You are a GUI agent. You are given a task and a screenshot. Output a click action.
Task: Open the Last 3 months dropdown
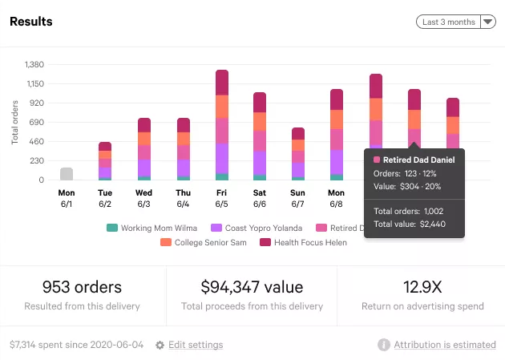456,22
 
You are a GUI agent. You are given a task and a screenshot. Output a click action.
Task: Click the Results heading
31,22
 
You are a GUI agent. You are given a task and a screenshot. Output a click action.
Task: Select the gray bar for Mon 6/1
67,174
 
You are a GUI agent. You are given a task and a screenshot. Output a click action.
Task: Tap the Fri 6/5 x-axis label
222,198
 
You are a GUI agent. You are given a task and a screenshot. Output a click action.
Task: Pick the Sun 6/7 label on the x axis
298,198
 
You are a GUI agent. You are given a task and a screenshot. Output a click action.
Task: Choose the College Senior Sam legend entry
204,242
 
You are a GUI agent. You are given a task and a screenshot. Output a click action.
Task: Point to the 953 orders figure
82,287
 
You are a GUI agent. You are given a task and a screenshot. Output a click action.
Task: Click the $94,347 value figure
251,287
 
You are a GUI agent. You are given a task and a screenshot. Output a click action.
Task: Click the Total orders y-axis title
15,123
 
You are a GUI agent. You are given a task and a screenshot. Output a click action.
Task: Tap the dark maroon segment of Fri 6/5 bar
222,83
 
